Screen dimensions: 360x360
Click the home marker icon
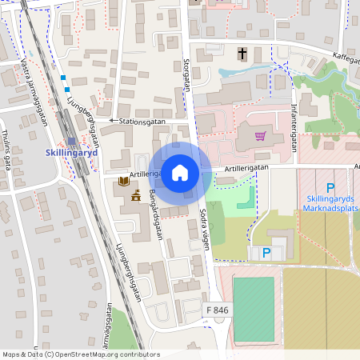[180, 172]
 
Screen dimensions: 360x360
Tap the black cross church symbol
[242, 54]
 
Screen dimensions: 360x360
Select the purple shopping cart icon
[259, 136]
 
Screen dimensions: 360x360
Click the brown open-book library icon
[122, 182]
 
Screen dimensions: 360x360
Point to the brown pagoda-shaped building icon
[136, 195]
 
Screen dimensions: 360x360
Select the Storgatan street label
[187, 74]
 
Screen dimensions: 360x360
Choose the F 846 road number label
[218, 309]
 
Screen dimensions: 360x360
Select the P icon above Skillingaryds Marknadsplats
[330, 187]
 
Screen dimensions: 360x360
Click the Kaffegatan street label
[342, 62]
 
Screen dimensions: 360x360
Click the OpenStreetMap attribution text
[80, 354]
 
